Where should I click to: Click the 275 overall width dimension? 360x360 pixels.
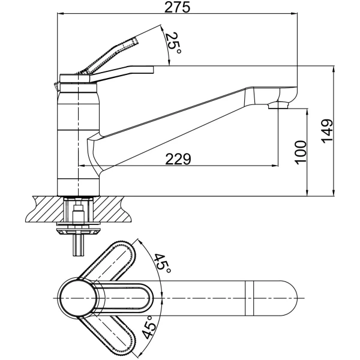click(x=178, y=7)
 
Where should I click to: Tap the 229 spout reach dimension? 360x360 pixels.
click(x=178, y=159)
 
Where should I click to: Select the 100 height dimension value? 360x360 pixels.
click(x=301, y=152)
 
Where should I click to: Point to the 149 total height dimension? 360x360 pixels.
click(x=327, y=131)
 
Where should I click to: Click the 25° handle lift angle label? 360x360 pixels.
click(x=173, y=43)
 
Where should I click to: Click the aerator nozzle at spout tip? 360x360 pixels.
click(x=278, y=106)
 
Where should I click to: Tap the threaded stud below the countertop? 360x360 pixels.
click(x=79, y=245)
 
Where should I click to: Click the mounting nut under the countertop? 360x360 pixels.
click(x=79, y=231)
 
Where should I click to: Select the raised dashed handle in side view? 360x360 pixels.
click(x=108, y=56)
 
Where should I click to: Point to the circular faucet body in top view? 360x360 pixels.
click(x=77, y=298)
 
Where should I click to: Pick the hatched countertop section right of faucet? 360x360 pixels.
click(x=113, y=209)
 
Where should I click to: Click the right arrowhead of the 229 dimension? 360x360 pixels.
click(x=275, y=166)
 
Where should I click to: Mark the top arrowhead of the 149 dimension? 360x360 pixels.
click(x=334, y=70)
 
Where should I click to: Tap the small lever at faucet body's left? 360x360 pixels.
click(x=57, y=87)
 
